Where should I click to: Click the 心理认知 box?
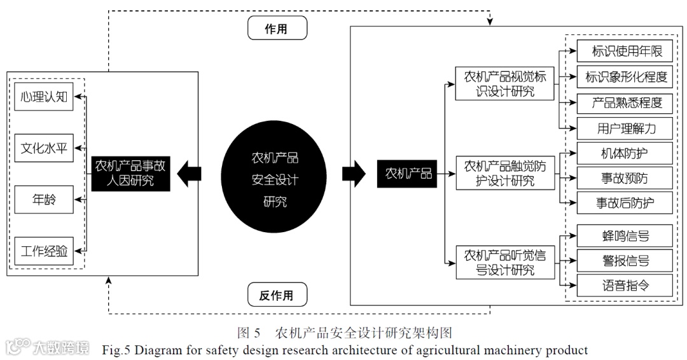coord(44,97)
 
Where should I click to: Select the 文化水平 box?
coord(44,149)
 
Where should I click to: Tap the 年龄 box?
coord(44,200)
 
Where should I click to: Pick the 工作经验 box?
coord(44,251)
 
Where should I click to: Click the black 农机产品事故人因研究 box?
coord(130,174)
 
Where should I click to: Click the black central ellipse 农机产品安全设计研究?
coord(275,180)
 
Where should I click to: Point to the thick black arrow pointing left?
coord(190,174)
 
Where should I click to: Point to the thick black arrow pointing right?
coord(354,173)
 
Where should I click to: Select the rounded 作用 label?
coord(276,29)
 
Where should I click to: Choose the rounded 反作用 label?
coord(276,295)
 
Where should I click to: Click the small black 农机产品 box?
coord(408,173)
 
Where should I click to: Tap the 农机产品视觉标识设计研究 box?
coord(505,83)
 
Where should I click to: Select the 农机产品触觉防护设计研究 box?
coord(505,173)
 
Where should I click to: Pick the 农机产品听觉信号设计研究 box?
coord(505,262)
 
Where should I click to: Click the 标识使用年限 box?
coord(625,51)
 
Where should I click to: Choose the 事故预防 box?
coord(625,178)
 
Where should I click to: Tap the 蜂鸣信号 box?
coord(625,236)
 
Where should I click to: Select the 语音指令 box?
coord(625,285)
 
